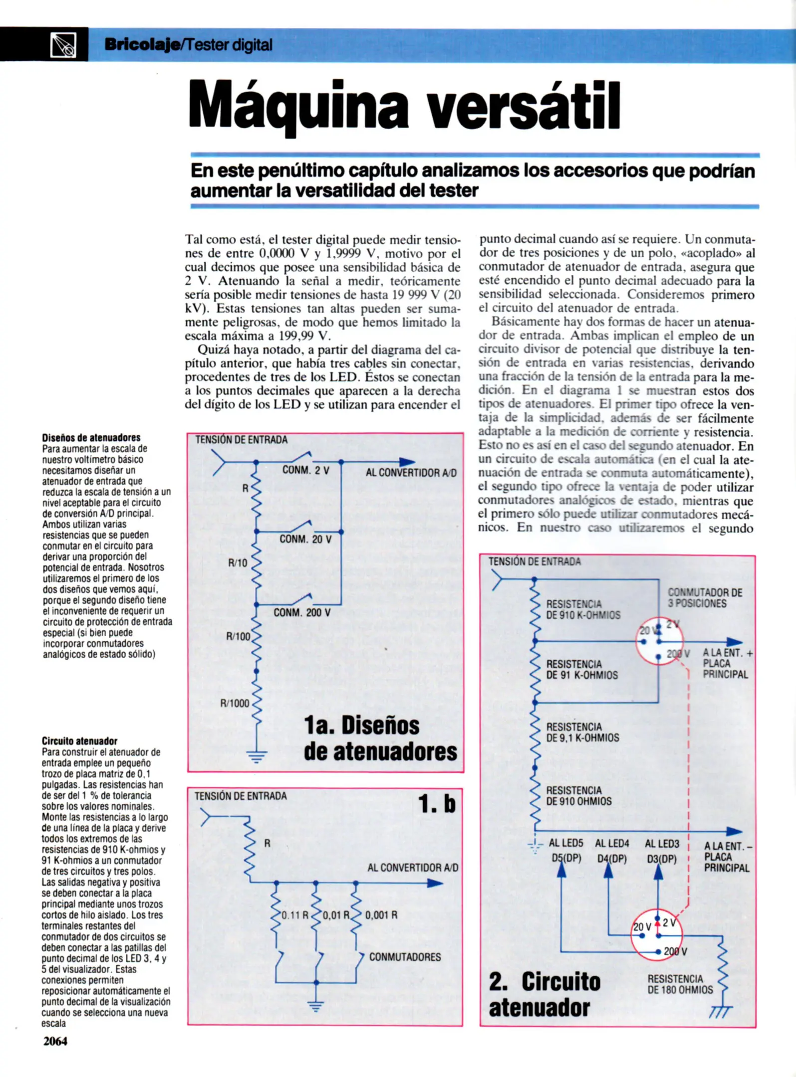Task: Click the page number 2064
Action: coord(55,1041)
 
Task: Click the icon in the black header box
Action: coord(63,45)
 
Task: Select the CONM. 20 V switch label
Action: coord(305,539)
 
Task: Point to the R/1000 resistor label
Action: coord(235,703)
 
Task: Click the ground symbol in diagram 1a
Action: coord(257,757)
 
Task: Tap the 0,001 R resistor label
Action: coord(381,915)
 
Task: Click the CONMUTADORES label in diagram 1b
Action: coord(405,957)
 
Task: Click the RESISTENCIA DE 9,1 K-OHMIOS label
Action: coord(582,732)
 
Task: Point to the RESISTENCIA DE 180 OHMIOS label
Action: coord(680,984)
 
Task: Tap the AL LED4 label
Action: coord(612,843)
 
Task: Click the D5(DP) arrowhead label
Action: coord(566,859)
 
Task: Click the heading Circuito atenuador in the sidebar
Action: coord(79,741)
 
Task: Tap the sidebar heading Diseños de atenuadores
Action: coord(91,438)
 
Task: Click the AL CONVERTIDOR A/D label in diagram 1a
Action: coord(411,473)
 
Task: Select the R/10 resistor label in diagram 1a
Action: coord(238,563)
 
